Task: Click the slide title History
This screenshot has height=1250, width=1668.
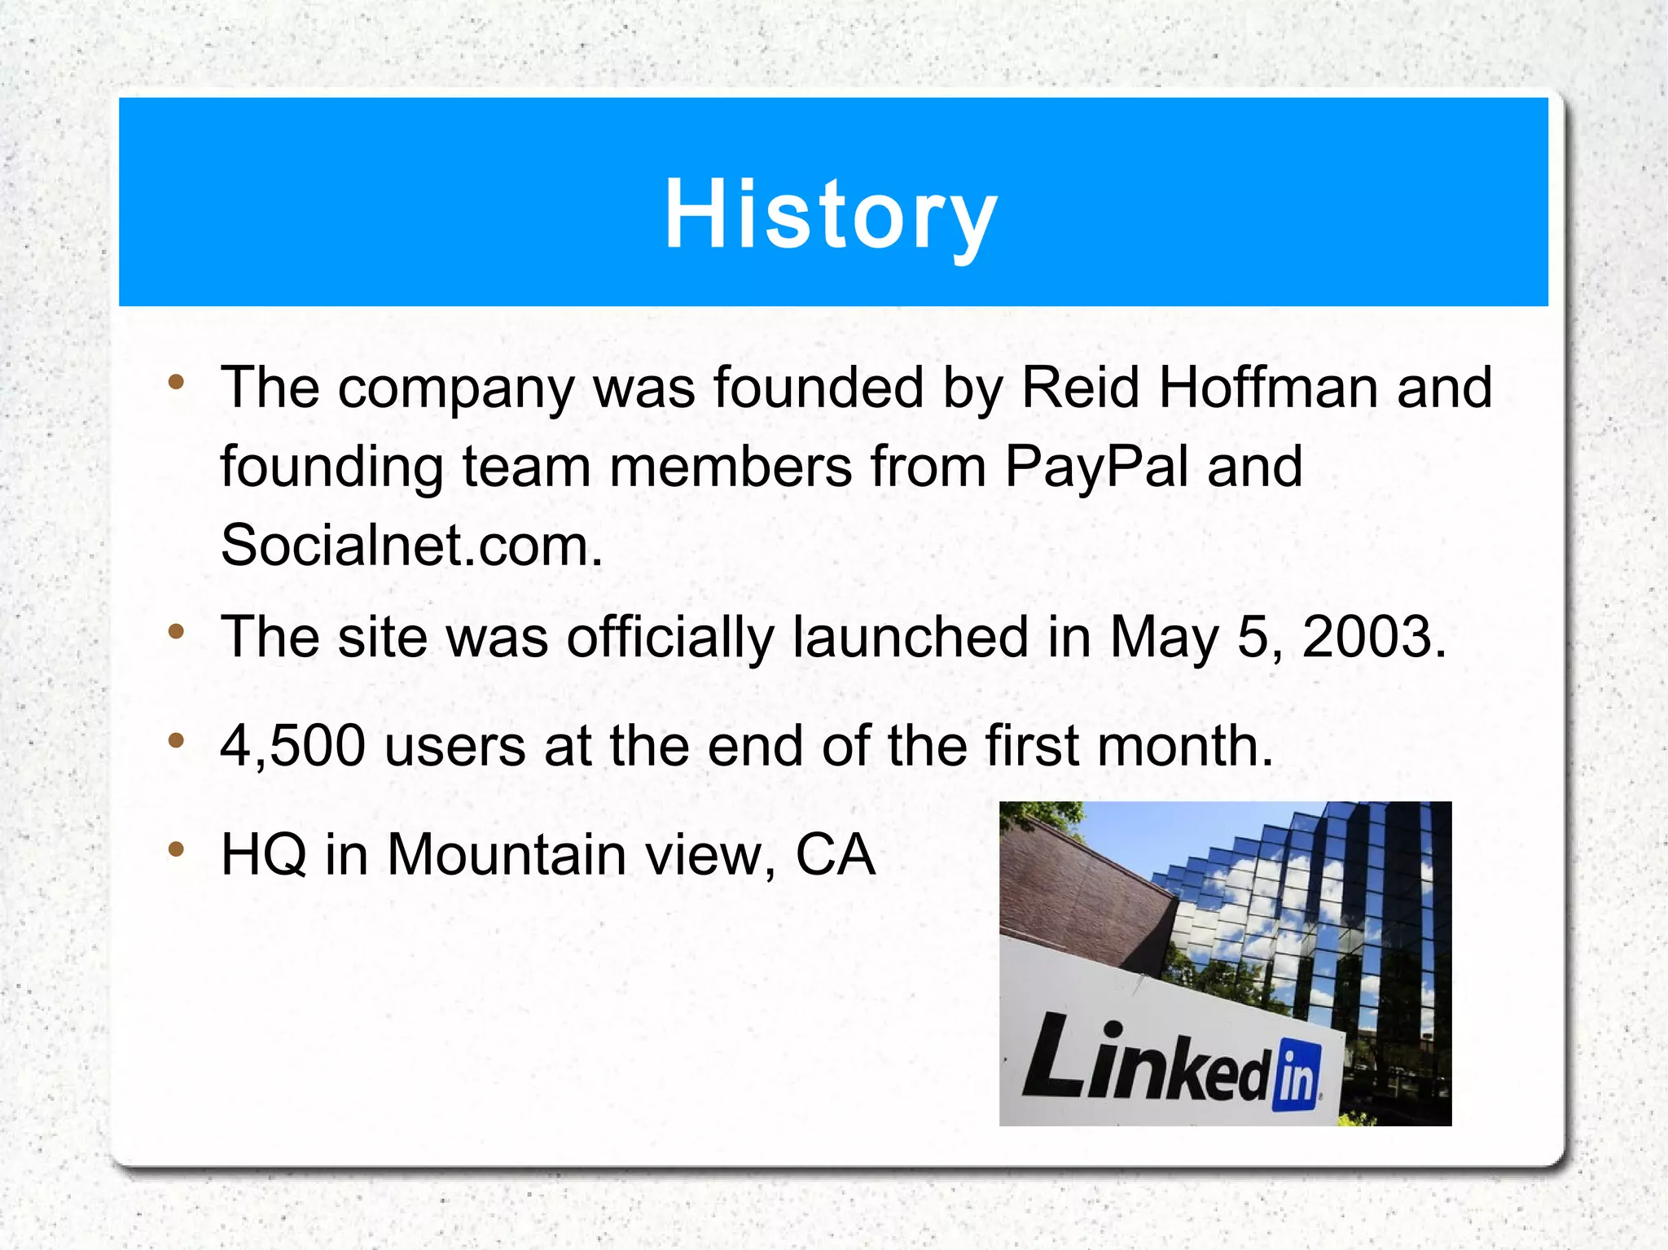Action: point(831,213)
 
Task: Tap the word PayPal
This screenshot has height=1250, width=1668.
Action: point(1096,467)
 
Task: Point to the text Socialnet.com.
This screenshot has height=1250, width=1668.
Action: point(411,546)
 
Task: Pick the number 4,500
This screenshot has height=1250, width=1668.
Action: point(293,746)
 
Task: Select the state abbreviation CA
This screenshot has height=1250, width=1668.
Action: point(835,855)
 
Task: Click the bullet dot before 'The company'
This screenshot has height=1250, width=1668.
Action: point(176,382)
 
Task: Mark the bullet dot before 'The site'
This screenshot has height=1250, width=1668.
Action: point(176,631)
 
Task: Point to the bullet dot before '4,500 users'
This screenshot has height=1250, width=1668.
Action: point(176,740)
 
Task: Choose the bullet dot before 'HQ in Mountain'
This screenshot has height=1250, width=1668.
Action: point(176,850)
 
